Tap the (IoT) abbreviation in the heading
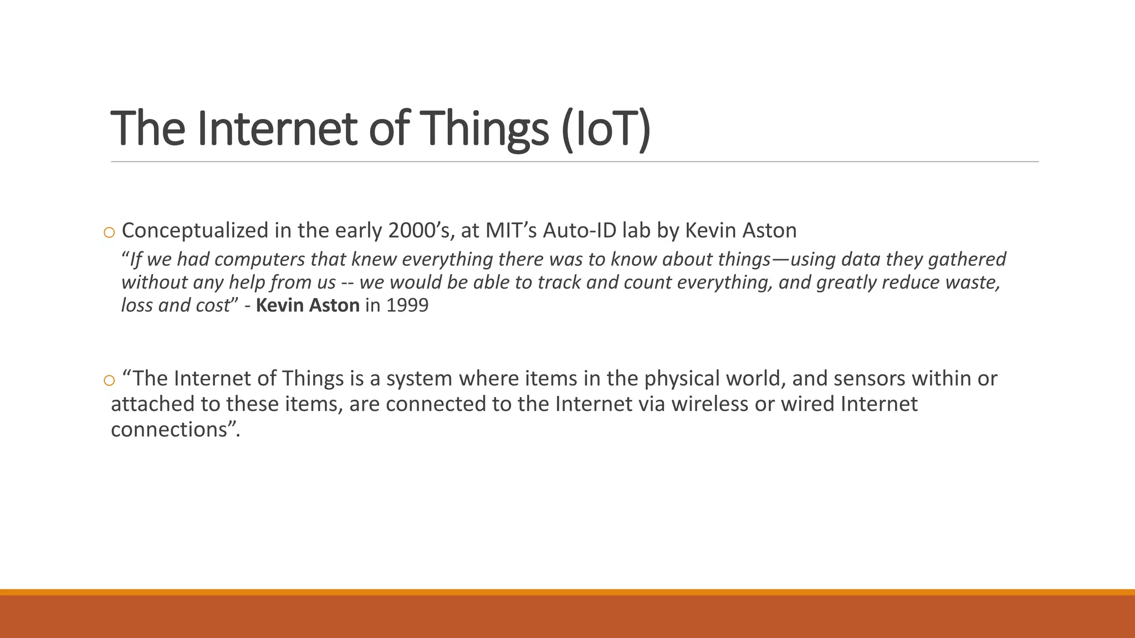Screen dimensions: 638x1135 [x=605, y=128]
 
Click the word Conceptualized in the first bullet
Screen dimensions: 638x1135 [x=195, y=230]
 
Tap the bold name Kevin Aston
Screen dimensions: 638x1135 [x=308, y=305]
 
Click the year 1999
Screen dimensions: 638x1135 [x=407, y=305]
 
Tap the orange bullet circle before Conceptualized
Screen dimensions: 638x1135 [x=109, y=233]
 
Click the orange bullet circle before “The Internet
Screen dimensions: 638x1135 [x=109, y=380]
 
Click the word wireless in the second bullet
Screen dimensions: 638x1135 [x=709, y=404]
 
